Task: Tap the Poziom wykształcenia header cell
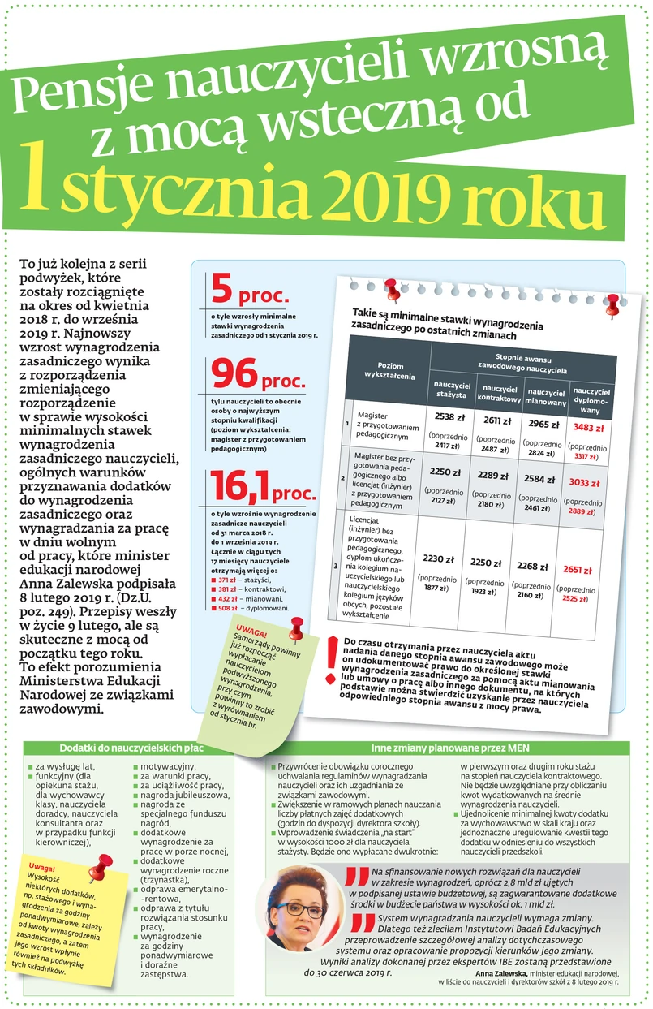tap(390, 370)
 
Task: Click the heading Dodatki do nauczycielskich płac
tap(130, 747)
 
